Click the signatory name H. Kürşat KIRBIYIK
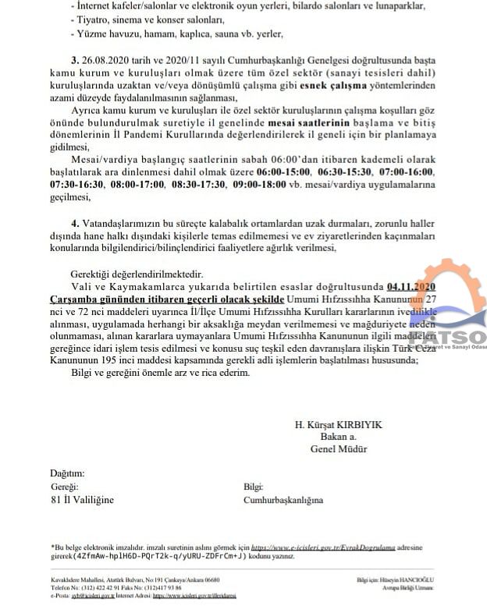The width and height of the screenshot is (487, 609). coord(338,424)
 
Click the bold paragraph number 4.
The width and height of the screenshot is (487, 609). coord(74,222)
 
